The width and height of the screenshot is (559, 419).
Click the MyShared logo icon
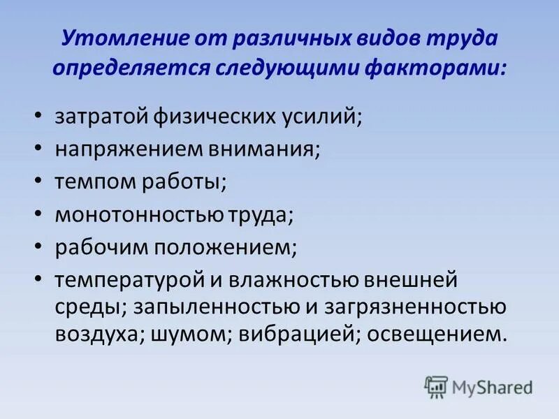tap(436, 385)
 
